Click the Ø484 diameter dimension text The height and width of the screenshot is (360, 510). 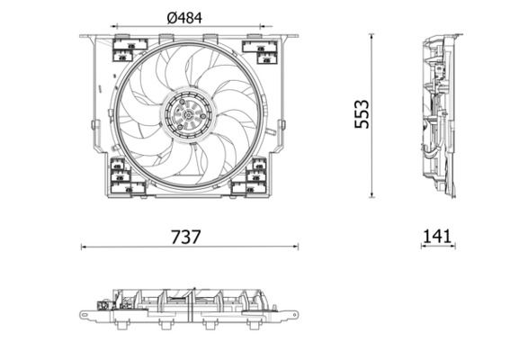click(190, 15)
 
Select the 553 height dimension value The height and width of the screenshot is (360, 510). click(362, 115)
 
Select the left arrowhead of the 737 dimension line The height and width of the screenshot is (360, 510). click(84, 246)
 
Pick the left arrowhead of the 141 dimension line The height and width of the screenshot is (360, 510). click(421, 246)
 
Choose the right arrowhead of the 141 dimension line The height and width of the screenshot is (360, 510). click(454, 246)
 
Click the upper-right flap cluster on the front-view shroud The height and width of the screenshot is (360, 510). click(258, 49)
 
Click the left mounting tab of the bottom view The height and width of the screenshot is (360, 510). click(88, 315)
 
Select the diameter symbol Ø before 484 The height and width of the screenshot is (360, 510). click(174, 15)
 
